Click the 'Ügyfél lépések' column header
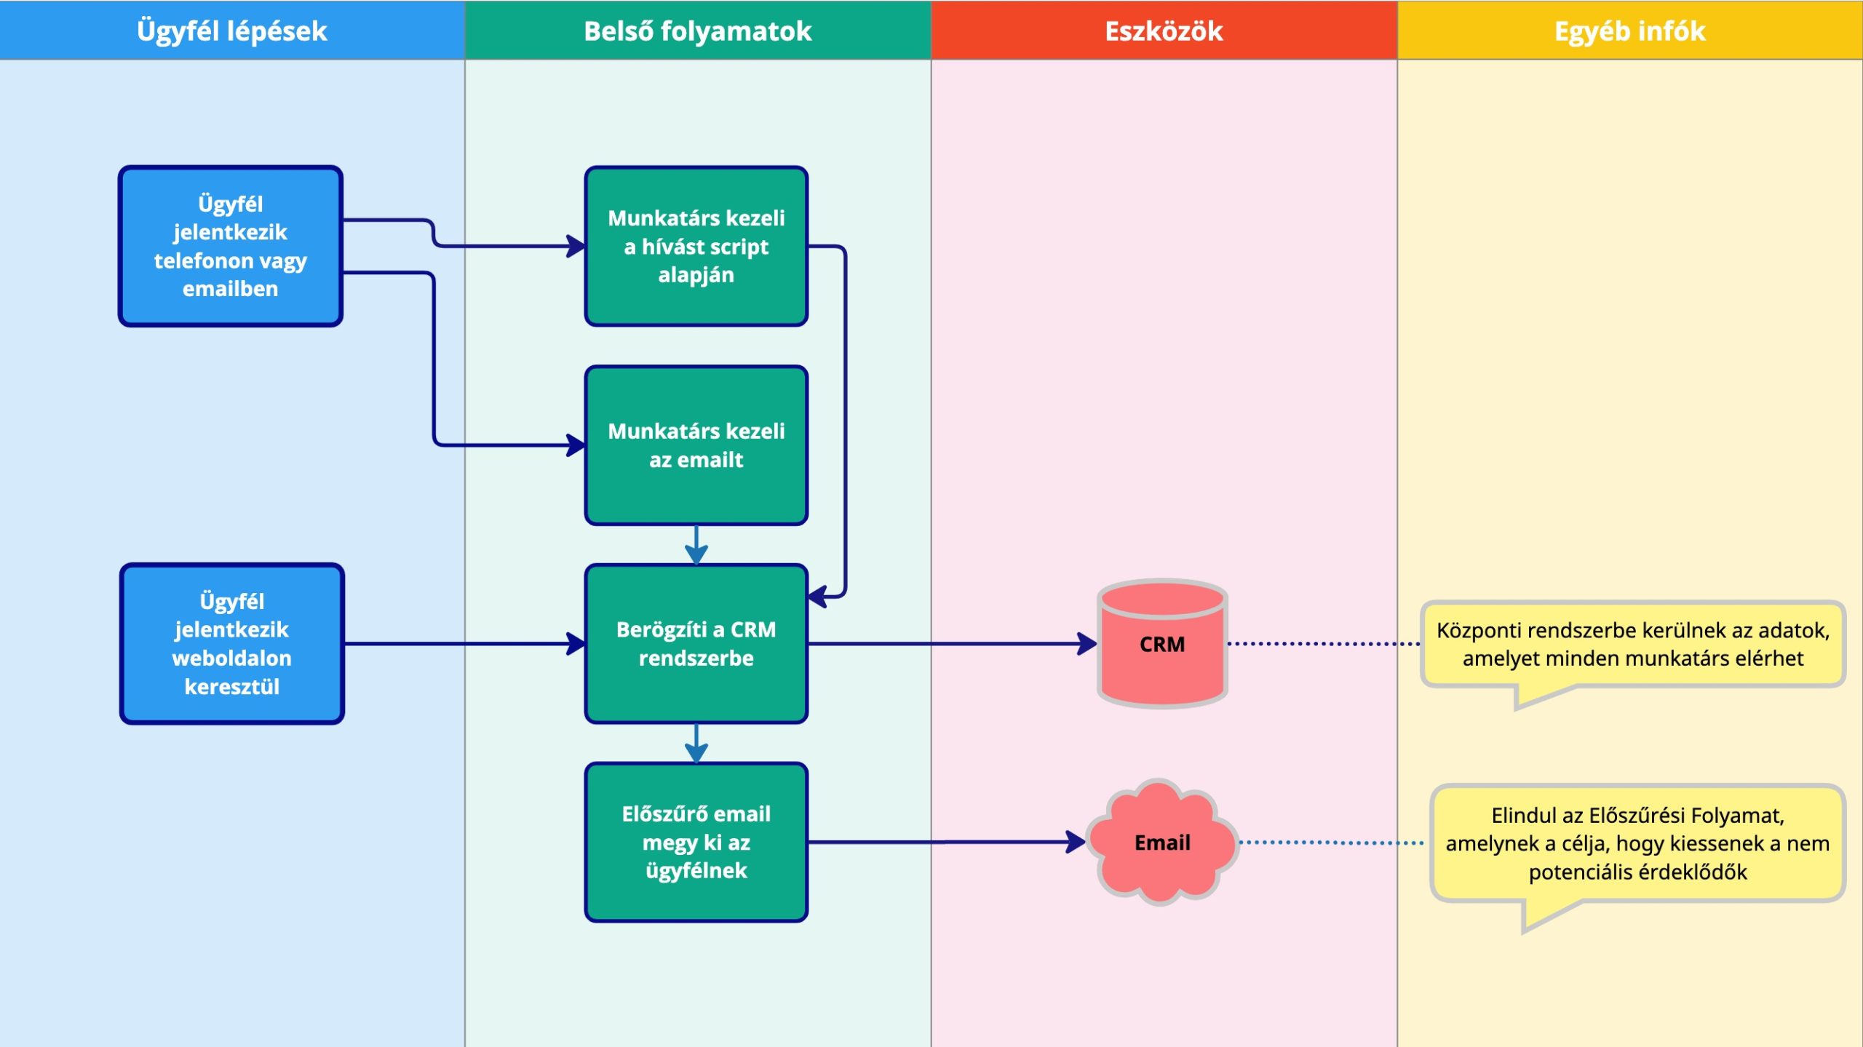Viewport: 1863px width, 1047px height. click(232, 31)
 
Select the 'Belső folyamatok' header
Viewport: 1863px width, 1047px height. click(698, 31)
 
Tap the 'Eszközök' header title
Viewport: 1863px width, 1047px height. click(1164, 31)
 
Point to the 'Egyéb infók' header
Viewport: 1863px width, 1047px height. click(1630, 31)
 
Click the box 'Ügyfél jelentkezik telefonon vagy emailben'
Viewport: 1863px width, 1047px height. click(231, 246)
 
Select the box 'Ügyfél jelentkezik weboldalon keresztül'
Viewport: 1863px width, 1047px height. click(232, 643)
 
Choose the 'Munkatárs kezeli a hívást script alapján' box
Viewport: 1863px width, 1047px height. click(696, 246)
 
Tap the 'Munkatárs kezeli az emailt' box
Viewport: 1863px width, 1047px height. click(696, 445)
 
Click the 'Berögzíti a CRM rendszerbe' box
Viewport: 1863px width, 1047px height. click(696, 643)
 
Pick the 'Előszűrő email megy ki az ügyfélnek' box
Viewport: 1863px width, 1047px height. click(696, 842)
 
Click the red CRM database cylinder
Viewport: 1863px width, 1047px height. click(1162, 643)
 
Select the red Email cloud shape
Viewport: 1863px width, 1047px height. click(1162, 842)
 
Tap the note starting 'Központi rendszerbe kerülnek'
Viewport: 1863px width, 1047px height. click(1633, 645)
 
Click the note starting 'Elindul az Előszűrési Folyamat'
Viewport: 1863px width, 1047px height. click(1637, 844)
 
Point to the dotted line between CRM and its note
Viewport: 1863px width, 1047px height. click(1324, 643)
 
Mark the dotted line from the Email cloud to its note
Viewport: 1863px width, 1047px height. click(1332, 843)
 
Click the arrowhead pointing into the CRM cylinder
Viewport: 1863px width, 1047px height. click(1088, 643)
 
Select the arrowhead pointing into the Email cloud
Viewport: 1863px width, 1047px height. click(1076, 842)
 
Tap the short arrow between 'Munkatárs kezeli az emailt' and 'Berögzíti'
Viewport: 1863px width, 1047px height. click(696, 545)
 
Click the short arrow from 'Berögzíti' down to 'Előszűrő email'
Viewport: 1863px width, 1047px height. click(696, 744)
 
